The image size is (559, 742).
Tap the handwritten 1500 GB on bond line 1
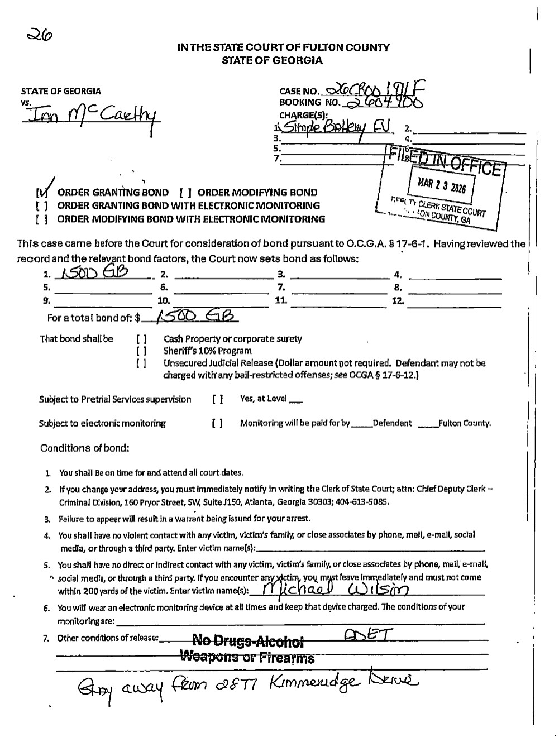click(x=94, y=272)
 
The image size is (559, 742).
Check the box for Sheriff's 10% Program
click(x=142, y=351)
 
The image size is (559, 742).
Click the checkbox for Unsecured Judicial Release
click(x=142, y=363)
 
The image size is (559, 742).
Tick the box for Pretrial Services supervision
click(x=218, y=399)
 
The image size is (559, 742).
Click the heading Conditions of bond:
click(x=85, y=448)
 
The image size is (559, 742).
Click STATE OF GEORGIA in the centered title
click(x=272, y=60)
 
